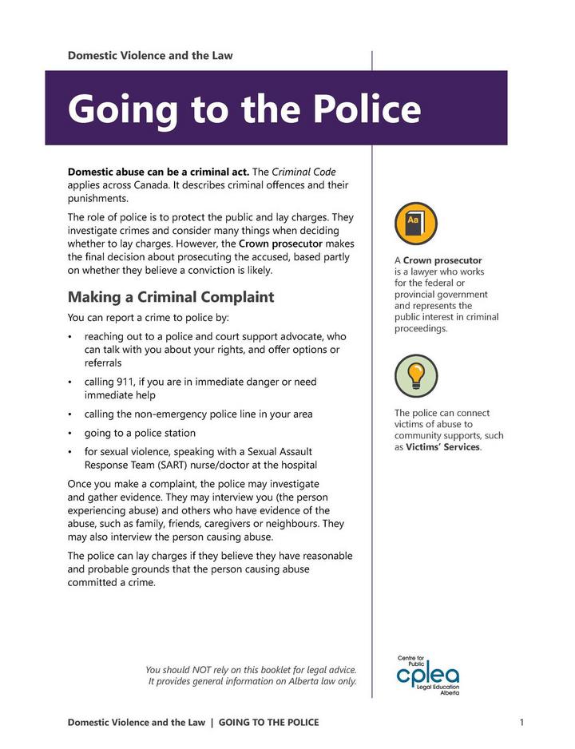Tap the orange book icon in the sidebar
coord(415,223)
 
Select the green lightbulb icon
coord(415,375)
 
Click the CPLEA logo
coord(428,676)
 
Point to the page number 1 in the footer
coord(521,723)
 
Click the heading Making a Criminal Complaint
coord(170,297)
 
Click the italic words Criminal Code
coord(303,172)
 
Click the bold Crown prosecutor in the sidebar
coord(442,260)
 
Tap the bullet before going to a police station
coord(71,434)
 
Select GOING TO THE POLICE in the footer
coord(268,723)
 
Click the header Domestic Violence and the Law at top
coord(150,56)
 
